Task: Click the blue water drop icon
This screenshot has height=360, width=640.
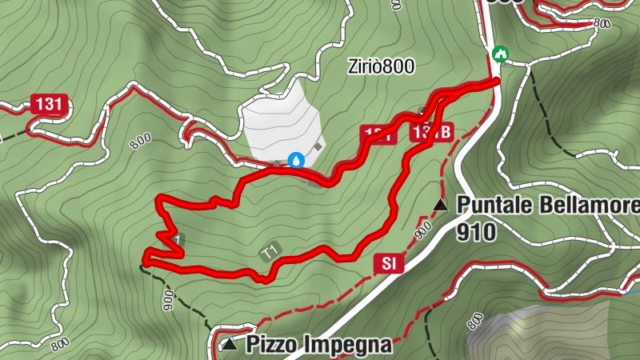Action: tap(297, 160)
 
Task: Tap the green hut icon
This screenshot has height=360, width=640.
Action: tap(501, 54)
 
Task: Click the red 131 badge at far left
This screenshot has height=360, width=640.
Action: tap(48, 104)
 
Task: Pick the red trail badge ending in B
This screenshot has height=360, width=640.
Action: tap(433, 132)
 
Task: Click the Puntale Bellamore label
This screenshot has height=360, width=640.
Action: tap(548, 205)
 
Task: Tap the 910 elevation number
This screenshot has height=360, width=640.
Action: tap(477, 232)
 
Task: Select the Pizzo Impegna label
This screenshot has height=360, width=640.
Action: tap(319, 345)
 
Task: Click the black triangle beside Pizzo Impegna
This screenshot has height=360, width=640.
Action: tap(230, 345)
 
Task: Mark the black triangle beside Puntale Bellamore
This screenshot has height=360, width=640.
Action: tap(440, 206)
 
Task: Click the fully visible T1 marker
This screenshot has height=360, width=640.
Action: tap(270, 252)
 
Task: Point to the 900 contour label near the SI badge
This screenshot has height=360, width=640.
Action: tap(421, 229)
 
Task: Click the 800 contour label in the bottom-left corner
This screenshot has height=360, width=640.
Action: tap(59, 343)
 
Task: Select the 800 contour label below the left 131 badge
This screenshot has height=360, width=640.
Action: tap(138, 142)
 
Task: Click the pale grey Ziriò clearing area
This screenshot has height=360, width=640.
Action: tap(280, 120)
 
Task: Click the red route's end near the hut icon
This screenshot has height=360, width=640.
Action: tap(496, 81)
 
